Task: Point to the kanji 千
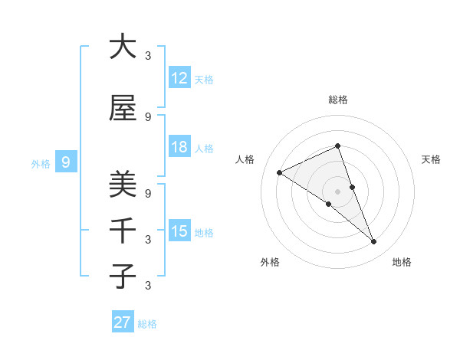(x=123, y=230)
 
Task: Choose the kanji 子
(x=123, y=276)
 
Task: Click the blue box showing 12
(x=179, y=78)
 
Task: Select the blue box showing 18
(x=179, y=147)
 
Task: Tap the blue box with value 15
(x=179, y=231)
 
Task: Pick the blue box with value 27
(x=123, y=322)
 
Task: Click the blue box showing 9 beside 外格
(x=66, y=162)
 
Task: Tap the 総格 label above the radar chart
(x=337, y=100)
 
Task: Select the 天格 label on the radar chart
(x=431, y=159)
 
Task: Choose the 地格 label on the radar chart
(x=402, y=262)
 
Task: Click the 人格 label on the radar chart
(x=245, y=159)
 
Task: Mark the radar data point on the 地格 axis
(x=374, y=242)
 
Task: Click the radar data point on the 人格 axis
(x=280, y=172)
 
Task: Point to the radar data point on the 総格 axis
(x=337, y=146)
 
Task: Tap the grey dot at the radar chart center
(x=337, y=191)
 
